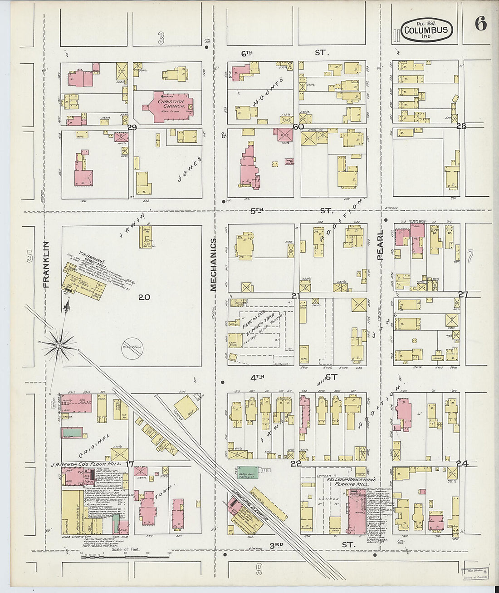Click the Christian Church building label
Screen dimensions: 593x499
coord(171,105)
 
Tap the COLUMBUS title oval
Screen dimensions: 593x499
coord(426,30)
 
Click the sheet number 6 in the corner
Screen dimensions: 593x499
coord(480,24)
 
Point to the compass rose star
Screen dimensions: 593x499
coord(59,346)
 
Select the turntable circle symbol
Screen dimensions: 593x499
coord(132,349)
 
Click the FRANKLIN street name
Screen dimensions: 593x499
coord(46,264)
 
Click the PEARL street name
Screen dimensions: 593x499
coord(380,245)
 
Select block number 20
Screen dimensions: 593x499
coord(144,297)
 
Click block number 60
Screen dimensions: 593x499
coord(298,127)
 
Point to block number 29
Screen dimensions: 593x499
coord(132,128)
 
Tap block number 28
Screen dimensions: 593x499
coord(461,126)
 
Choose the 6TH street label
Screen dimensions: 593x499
coord(247,53)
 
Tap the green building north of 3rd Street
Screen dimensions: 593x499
coord(245,473)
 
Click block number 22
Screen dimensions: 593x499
coord(296,463)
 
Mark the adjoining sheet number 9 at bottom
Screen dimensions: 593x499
coord(259,568)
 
